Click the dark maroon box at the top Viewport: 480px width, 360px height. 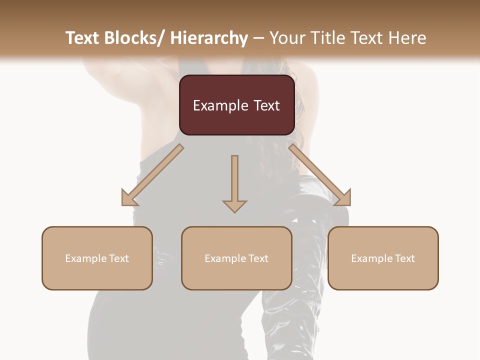[236, 105]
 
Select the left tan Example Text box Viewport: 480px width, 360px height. [97, 258]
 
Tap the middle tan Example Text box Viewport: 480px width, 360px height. [236, 258]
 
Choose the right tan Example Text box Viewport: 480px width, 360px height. [383, 258]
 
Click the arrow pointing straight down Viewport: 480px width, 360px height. [234, 183]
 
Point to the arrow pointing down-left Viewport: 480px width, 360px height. [152, 175]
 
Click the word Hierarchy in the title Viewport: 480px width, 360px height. [209, 38]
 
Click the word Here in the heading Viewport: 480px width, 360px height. [409, 38]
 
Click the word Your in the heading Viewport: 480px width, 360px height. [287, 38]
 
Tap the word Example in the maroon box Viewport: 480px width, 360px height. [220, 105]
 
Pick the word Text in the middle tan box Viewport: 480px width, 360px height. [258, 258]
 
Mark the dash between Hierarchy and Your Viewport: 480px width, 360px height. [258, 38]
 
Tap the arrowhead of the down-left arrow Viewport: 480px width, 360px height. [128, 198]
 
